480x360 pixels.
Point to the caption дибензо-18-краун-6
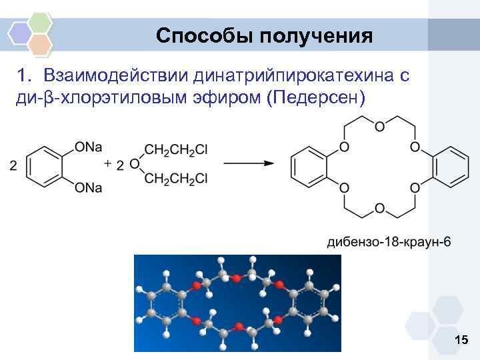point(388,241)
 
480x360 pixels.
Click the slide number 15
point(461,341)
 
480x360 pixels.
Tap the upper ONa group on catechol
point(89,146)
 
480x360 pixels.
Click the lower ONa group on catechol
point(89,189)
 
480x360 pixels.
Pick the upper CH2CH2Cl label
point(175,150)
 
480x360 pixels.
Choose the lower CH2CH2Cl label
point(175,179)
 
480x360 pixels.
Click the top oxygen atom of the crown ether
point(379,126)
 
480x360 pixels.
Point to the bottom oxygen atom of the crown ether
point(379,209)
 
